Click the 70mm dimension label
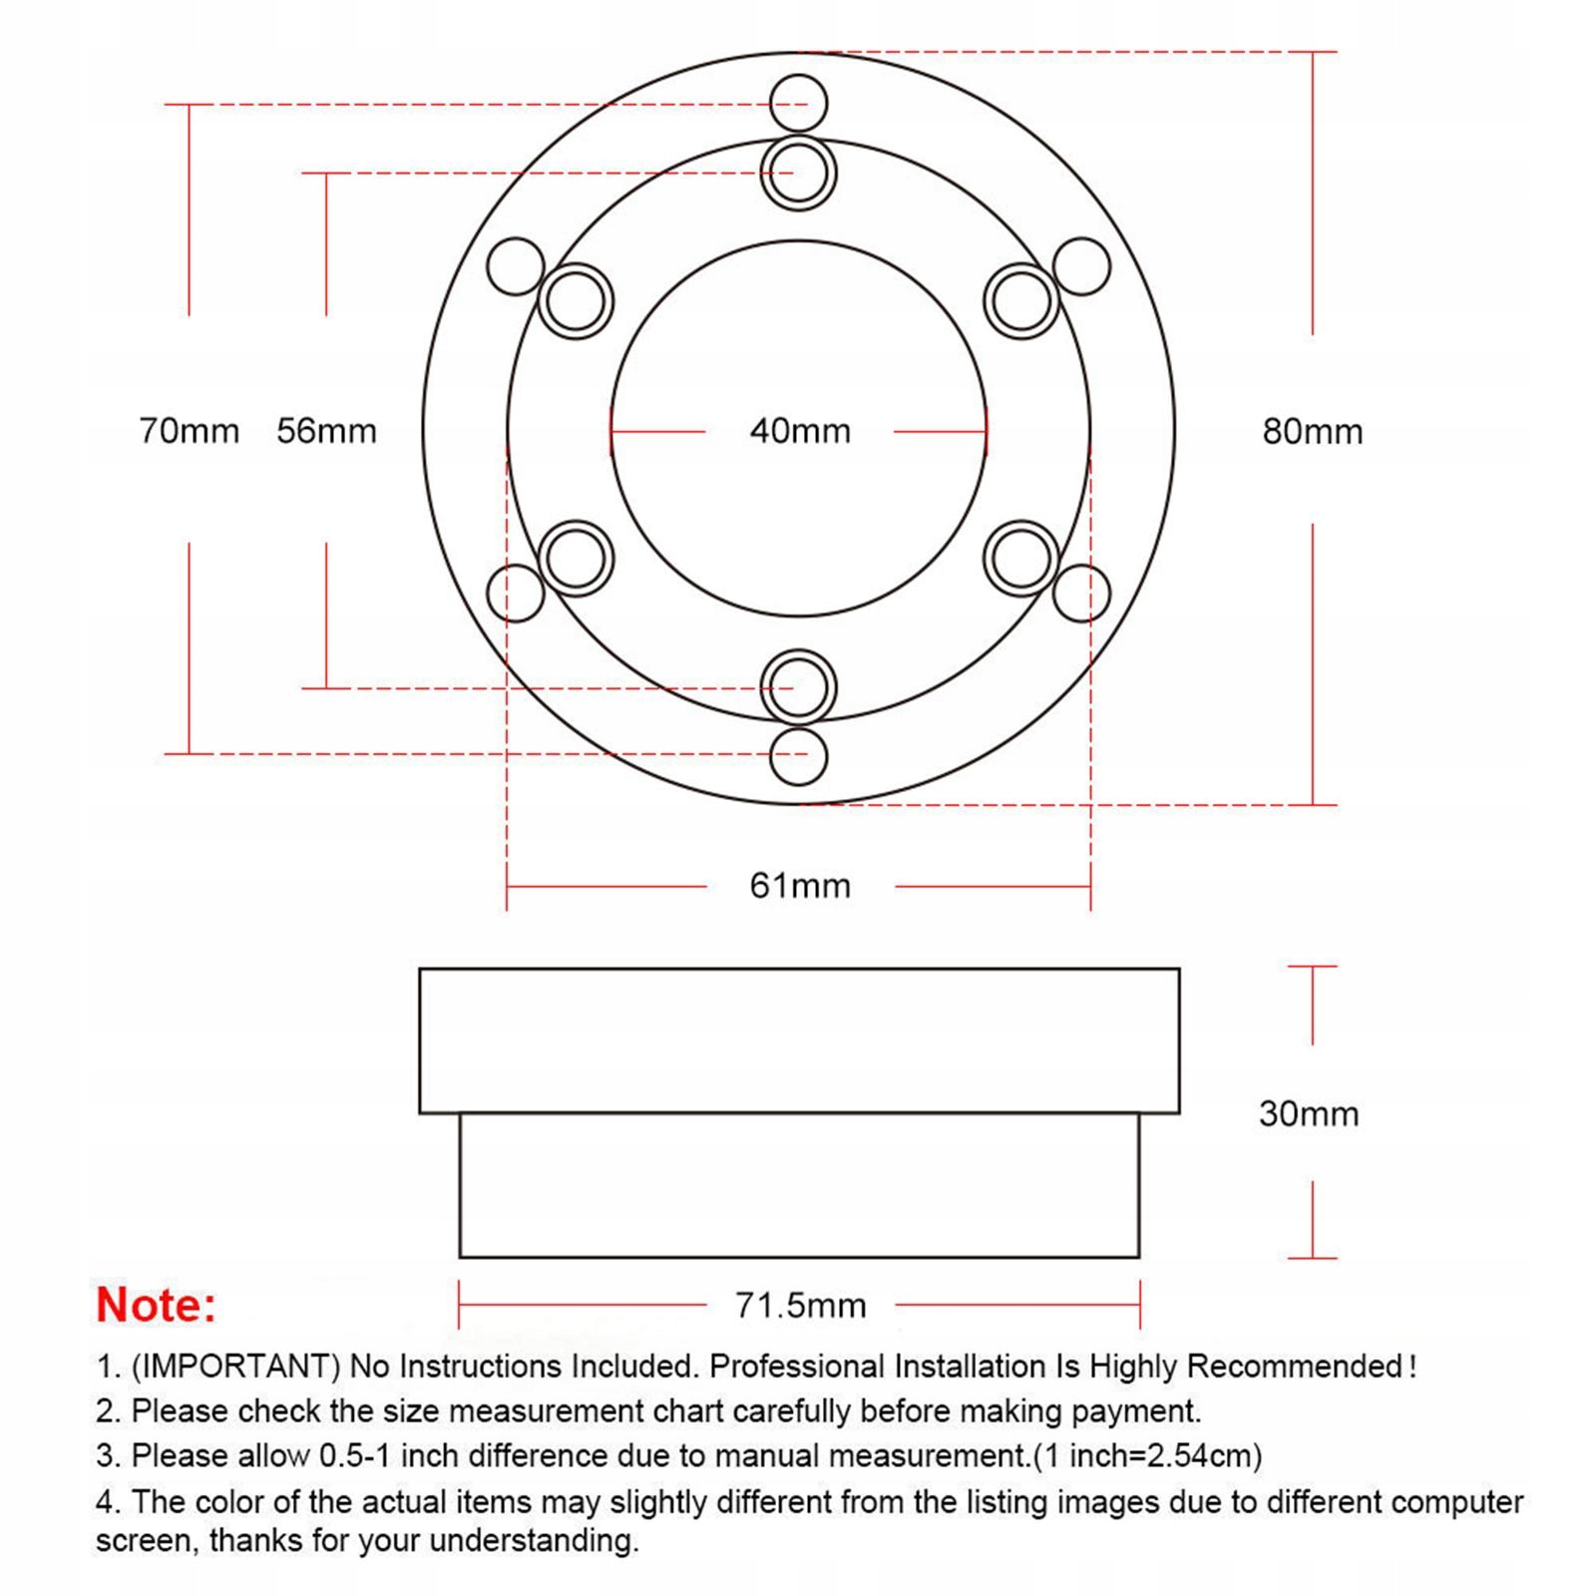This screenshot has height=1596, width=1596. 190,431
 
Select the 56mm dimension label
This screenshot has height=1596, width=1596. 326,431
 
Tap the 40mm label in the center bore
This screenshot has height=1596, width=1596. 800,431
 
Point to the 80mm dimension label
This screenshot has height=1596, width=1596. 1312,431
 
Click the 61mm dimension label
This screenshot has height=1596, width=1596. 800,886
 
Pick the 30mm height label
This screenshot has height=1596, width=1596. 1309,1113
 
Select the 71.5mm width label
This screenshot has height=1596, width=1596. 800,1305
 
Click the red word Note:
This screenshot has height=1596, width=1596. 156,1305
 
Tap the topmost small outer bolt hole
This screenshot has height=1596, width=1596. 799,103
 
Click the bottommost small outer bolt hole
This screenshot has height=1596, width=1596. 799,756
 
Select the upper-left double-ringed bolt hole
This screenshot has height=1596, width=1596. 576,300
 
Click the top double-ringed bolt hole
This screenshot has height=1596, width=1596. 799,174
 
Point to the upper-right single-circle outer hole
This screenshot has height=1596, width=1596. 1081,266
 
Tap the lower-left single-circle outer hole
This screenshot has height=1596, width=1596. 516,593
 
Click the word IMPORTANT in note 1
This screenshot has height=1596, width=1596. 235,1366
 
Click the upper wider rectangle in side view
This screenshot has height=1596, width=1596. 799,1040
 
